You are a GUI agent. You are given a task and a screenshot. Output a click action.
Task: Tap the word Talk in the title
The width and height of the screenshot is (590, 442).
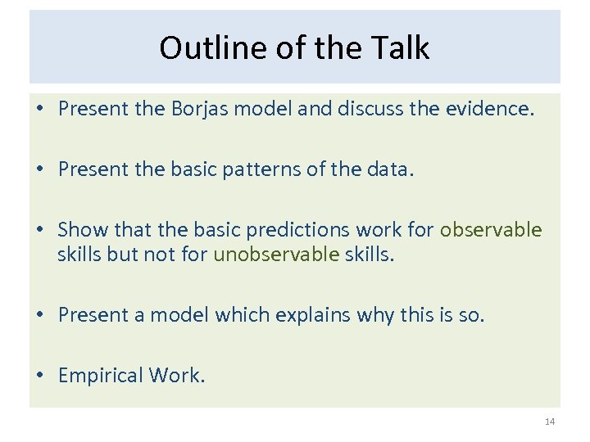tap(400, 48)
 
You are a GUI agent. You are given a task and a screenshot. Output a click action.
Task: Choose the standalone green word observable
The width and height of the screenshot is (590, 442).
tap(491, 230)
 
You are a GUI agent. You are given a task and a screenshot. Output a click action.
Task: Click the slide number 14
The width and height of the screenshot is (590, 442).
tap(549, 422)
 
